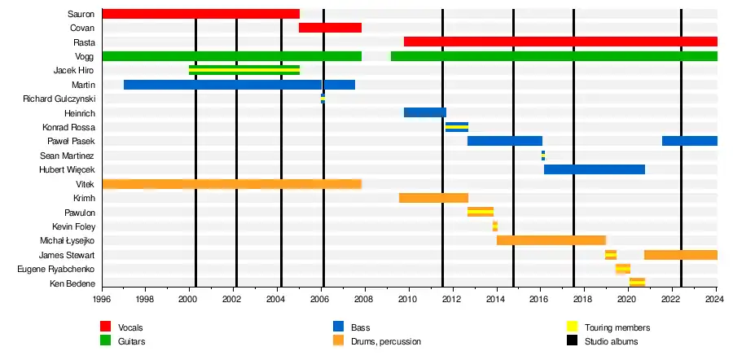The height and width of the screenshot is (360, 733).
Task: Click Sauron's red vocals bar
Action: tap(200, 14)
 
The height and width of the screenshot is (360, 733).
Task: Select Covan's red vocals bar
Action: tap(330, 28)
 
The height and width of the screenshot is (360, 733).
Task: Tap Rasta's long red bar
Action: tap(560, 42)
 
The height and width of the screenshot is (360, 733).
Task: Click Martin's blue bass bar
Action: tap(239, 85)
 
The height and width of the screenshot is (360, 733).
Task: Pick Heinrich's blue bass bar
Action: tap(425, 112)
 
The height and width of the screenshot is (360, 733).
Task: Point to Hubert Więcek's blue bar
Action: tap(595, 169)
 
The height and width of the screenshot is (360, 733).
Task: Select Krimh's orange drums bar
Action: tap(433, 198)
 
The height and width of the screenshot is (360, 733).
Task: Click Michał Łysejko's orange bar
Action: tap(551, 240)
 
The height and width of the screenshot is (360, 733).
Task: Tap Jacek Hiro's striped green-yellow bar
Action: tap(244, 70)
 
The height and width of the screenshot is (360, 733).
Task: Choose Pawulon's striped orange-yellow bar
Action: tap(481, 212)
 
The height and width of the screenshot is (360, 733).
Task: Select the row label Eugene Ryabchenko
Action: tap(55, 269)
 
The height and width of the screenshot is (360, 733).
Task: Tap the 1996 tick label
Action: tap(102, 300)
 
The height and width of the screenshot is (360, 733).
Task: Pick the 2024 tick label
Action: tap(717, 300)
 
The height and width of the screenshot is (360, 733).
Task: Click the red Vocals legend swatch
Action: tap(105, 327)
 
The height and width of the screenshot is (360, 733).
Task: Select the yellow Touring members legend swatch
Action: tap(573, 327)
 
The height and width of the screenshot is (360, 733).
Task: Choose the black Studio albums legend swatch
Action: tap(573, 341)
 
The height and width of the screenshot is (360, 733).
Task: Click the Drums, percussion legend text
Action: tap(387, 341)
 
